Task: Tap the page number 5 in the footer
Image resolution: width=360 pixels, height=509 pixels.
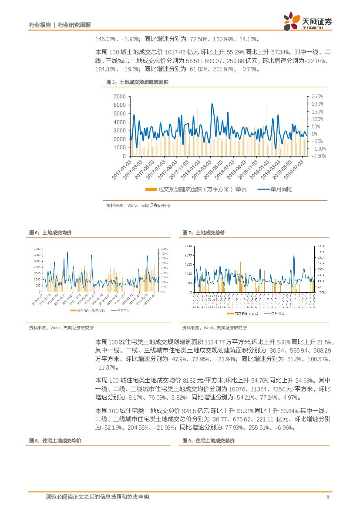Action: [x=327, y=497]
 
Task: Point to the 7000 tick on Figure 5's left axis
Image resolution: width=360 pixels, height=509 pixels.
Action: [x=119, y=96]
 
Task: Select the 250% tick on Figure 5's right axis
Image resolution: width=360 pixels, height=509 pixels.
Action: [x=318, y=96]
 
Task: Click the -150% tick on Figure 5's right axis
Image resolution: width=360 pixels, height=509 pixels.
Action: [x=320, y=156]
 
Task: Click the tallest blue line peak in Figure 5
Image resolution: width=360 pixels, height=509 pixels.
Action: [x=212, y=104]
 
